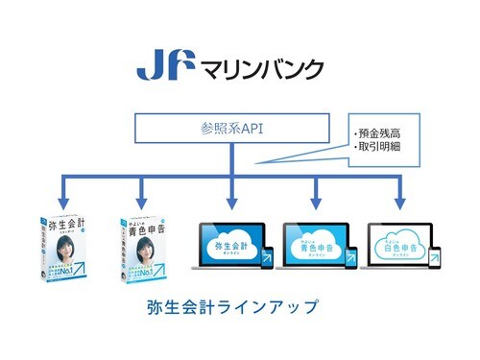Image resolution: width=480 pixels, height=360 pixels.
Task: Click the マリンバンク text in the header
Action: coord(260,68)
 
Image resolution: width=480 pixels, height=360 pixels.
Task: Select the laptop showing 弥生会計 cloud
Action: coord(230,244)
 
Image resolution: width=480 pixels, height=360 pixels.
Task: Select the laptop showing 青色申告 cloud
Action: coord(315,244)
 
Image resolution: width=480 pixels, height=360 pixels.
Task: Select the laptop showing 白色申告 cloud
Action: coord(399,244)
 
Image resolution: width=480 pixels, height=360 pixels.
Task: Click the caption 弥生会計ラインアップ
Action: coord(230,309)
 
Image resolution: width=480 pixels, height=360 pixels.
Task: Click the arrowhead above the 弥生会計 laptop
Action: coord(231,201)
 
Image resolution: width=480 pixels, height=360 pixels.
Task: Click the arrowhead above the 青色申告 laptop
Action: coord(315,201)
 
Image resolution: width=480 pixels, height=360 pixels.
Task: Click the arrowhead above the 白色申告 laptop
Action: coord(399,201)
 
